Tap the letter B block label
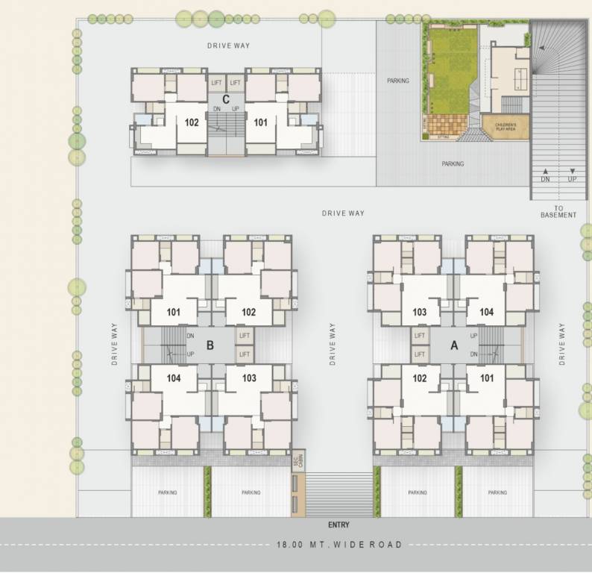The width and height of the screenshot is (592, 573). [210, 345]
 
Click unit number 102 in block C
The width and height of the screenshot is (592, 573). [192, 122]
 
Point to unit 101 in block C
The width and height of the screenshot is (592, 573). [260, 122]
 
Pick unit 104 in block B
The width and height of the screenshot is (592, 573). [174, 378]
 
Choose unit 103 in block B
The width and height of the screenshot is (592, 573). [249, 378]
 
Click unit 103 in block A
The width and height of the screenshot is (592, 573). [419, 312]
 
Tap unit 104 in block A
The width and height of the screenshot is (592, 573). [487, 312]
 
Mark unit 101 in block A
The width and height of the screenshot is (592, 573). [487, 378]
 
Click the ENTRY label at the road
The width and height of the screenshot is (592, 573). [338, 525]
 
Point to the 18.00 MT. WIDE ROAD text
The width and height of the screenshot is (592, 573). [338, 545]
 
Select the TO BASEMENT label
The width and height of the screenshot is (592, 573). [558, 211]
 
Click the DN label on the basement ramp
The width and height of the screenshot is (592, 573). [545, 180]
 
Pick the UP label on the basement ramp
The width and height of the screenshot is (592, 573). [572, 180]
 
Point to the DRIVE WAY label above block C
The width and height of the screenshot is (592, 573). [228, 46]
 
